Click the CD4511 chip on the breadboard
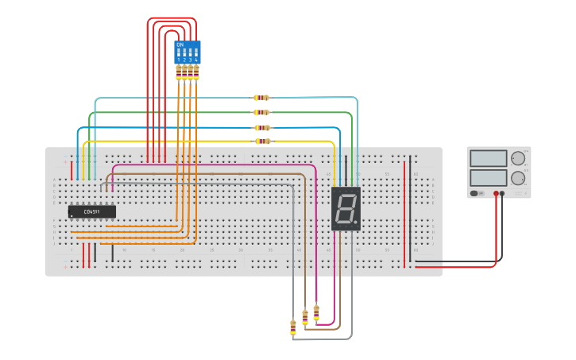(x=92, y=211)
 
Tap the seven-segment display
(x=346, y=209)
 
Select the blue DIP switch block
(x=187, y=52)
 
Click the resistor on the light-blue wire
(x=261, y=98)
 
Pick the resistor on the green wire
(x=261, y=112)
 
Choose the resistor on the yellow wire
(x=262, y=141)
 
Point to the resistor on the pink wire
(x=316, y=312)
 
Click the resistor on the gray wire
(x=293, y=327)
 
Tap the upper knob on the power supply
(x=518, y=158)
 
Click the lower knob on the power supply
(x=518, y=178)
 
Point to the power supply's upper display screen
(x=488, y=158)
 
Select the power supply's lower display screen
(x=488, y=177)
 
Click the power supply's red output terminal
(x=496, y=193)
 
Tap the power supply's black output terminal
(x=502, y=193)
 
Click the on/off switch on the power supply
(x=474, y=193)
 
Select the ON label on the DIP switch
(x=180, y=45)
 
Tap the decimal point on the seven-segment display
(x=356, y=223)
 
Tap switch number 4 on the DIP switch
(x=195, y=53)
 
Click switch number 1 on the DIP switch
(x=179, y=53)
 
